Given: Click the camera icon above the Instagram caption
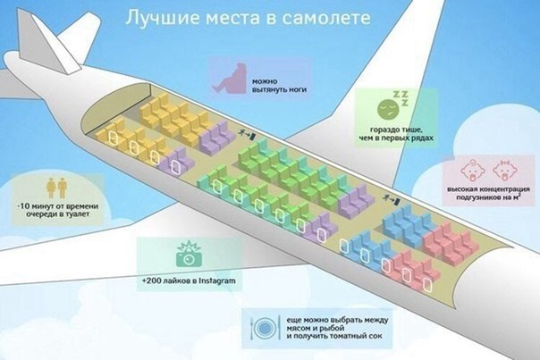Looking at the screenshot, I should pos(186,257).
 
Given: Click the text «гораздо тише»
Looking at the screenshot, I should pos(394,132).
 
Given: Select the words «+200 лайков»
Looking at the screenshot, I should pos(165,282).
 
